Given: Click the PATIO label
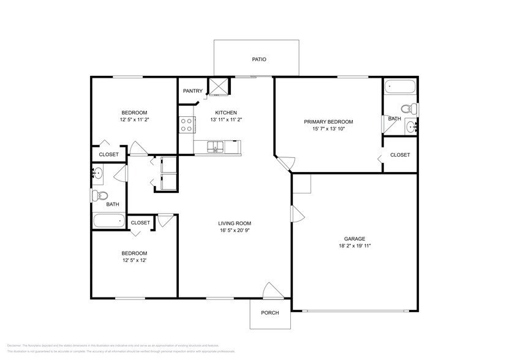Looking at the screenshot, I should click(259, 59).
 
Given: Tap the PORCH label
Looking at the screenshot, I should click(270, 313).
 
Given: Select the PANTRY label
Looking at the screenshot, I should click(192, 91).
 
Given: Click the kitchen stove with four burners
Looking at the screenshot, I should click(187, 126).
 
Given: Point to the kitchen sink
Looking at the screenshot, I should click(216, 146).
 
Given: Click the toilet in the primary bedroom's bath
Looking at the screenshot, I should click(414, 110).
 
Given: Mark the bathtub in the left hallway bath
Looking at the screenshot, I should click(108, 221).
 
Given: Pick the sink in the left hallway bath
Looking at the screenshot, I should click(98, 173).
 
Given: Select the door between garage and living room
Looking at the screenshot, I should click(296, 214).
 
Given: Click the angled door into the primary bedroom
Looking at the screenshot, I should click(285, 162).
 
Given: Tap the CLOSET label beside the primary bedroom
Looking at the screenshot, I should click(400, 155).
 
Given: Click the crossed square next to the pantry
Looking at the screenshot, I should click(218, 87).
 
